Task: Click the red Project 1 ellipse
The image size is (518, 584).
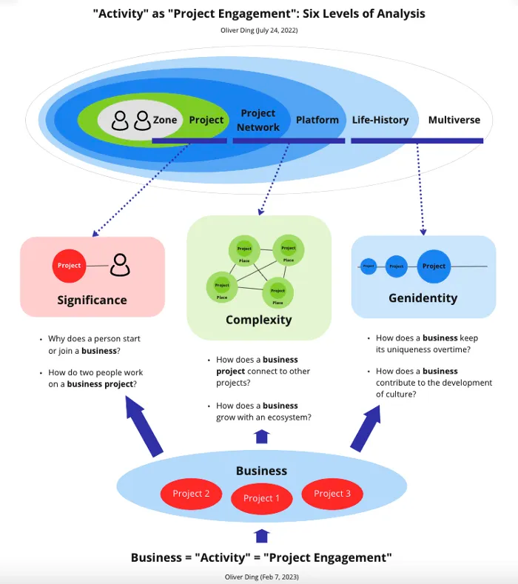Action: [x=261, y=498]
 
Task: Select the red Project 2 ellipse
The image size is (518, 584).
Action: [x=192, y=494]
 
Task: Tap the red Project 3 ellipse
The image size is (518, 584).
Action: [x=332, y=494]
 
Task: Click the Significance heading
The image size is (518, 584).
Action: [x=92, y=301]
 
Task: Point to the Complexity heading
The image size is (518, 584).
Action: [x=259, y=320]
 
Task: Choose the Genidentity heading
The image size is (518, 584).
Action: [x=423, y=298]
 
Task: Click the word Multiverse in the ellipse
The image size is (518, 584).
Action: [x=454, y=120]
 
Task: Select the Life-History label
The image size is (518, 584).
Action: [x=380, y=120]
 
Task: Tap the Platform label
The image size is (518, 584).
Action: [x=317, y=120]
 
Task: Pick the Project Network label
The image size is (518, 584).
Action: [x=258, y=120]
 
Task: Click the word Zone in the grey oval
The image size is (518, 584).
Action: [x=165, y=120]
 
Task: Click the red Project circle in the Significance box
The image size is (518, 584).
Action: [x=69, y=266]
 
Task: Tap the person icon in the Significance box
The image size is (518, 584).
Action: [x=120, y=265]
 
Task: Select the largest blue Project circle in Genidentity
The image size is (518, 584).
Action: [x=434, y=266]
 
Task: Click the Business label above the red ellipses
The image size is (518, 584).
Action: [x=261, y=471]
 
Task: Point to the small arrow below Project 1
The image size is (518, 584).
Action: [x=261, y=536]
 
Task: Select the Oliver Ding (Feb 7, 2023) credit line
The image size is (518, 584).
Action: [x=261, y=576]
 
